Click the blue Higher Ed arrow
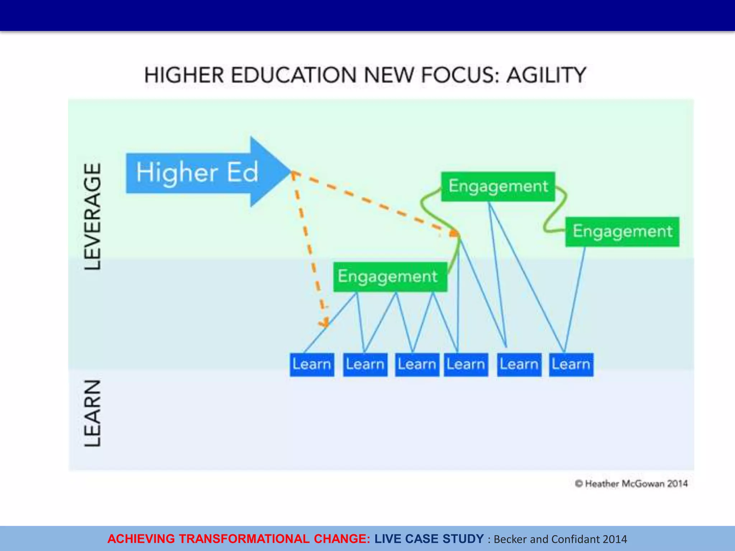tap(201, 173)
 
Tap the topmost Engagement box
tap(498, 187)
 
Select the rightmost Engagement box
tap(622, 232)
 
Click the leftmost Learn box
tap(312, 364)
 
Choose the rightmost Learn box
tap(571, 364)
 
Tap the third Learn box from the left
tap(417, 364)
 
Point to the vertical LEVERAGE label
tap(93, 216)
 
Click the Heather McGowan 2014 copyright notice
tap(631, 484)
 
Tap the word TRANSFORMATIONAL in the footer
tap(244, 539)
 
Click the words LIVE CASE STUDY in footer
tap(429, 539)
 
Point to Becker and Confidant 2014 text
tap(560, 539)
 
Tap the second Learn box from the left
tap(365, 364)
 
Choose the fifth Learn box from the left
tap(519, 364)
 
